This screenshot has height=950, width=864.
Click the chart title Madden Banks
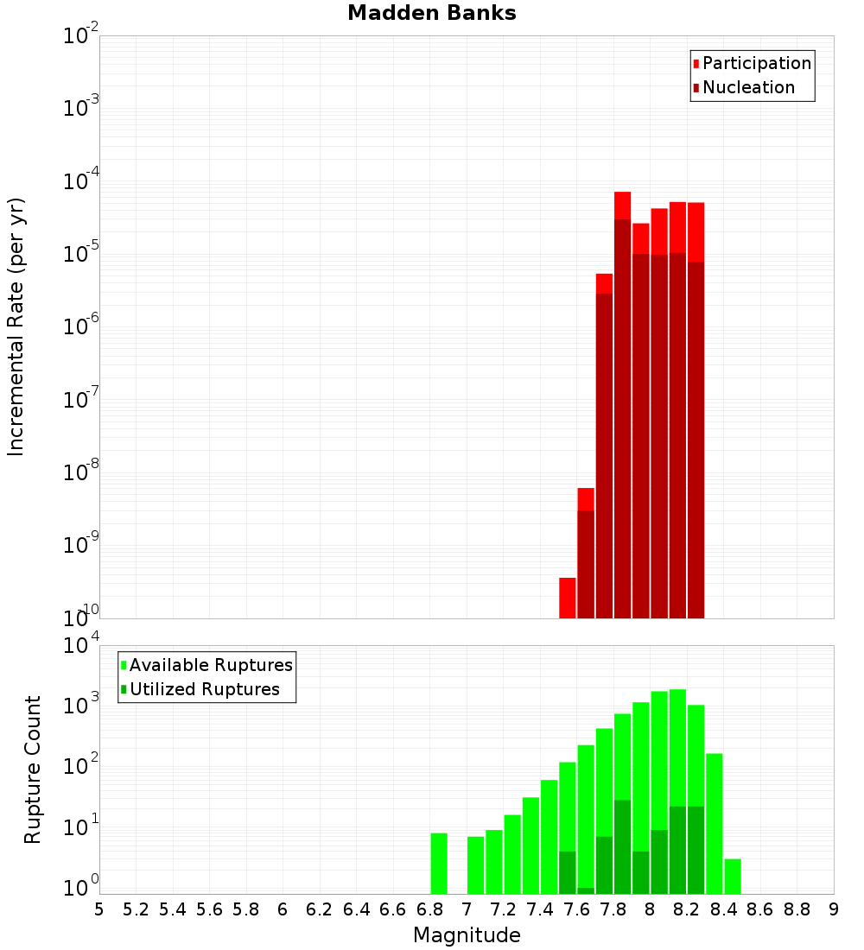click(x=431, y=14)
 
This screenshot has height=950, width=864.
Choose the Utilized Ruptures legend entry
click(x=204, y=689)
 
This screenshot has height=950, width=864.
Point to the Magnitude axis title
click(x=467, y=935)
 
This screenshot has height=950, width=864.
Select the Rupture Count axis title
click(x=33, y=769)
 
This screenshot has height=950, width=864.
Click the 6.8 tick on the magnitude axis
click(x=429, y=909)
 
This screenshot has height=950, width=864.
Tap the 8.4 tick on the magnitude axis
click(x=723, y=909)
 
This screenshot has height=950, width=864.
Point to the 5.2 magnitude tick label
click(x=136, y=909)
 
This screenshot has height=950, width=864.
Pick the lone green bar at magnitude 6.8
click(x=439, y=864)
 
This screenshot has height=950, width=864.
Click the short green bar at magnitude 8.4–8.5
click(x=733, y=877)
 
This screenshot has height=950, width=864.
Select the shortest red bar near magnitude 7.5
click(x=568, y=598)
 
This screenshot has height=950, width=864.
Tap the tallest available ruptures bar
click(x=677, y=790)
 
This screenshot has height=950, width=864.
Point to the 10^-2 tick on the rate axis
click(x=81, y=36)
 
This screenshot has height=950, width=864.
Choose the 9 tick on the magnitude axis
click(x=834, y=909)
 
